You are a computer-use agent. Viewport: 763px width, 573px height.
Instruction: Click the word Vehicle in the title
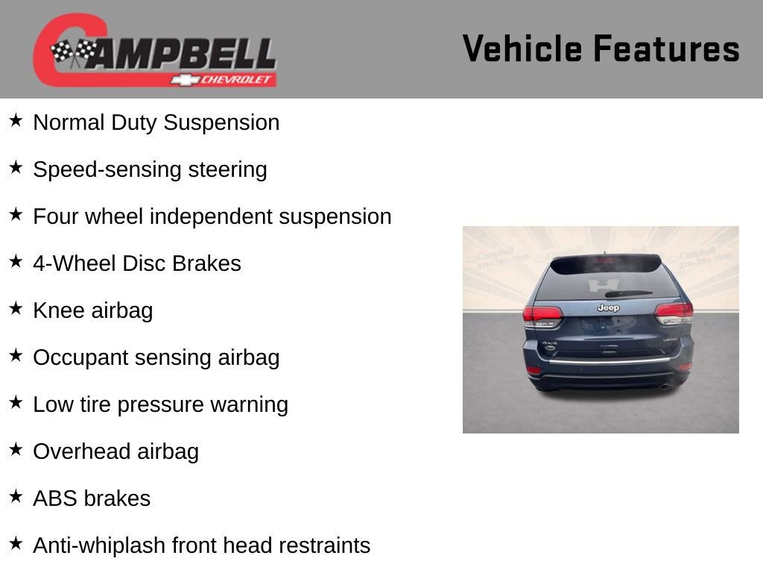[522, 48]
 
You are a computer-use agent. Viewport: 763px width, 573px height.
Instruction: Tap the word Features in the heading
[666, 48]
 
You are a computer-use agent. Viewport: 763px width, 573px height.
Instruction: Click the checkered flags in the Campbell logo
[73, 52]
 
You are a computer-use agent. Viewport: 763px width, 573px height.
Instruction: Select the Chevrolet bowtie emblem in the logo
[183, 79]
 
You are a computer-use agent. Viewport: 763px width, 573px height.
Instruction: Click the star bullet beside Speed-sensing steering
[16, 168]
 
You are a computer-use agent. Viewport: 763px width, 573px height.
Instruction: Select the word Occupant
[81, 357]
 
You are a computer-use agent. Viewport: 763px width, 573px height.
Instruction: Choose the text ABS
[55, 498]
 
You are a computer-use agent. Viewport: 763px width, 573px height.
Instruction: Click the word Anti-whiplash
[99, 545]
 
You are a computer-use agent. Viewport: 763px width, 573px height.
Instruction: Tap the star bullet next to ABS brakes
[16, 497]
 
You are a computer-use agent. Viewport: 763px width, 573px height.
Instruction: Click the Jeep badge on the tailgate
[608, 307]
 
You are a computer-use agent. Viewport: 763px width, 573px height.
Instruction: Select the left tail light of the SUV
[542, 314]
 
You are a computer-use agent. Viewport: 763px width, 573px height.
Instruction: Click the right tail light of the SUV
[674, 313]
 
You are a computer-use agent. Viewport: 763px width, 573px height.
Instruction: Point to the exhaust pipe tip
[665, 386]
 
